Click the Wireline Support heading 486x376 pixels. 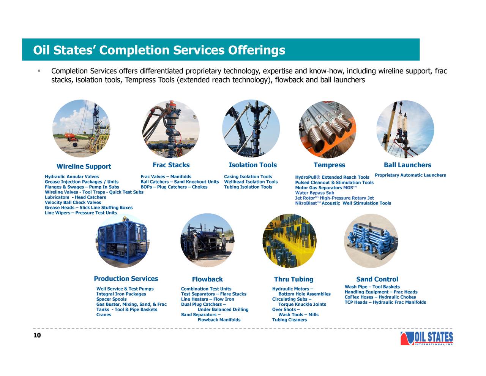(84, 167)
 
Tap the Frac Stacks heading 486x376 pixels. (171, 165)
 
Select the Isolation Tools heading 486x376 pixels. (252, 165)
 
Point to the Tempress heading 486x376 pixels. (329, 165)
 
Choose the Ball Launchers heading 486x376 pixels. (407, 165)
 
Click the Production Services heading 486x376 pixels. (126, 279)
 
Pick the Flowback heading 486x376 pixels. (207, 279)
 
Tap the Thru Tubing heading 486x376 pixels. (293, 279)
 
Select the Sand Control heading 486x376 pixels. (377, 279)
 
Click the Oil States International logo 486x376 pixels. (426, 338)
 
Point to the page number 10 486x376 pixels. (37, 335)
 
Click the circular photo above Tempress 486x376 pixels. (328, 129)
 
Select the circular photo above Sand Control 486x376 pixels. (371, 241)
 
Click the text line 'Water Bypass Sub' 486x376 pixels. (314, 193)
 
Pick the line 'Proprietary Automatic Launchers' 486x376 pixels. (410, 175)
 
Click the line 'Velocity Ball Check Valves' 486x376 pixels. (73, 202)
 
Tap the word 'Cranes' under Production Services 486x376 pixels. (104, 314)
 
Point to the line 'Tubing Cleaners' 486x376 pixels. (289, 320)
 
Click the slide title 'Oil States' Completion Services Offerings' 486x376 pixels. (159, 50)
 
